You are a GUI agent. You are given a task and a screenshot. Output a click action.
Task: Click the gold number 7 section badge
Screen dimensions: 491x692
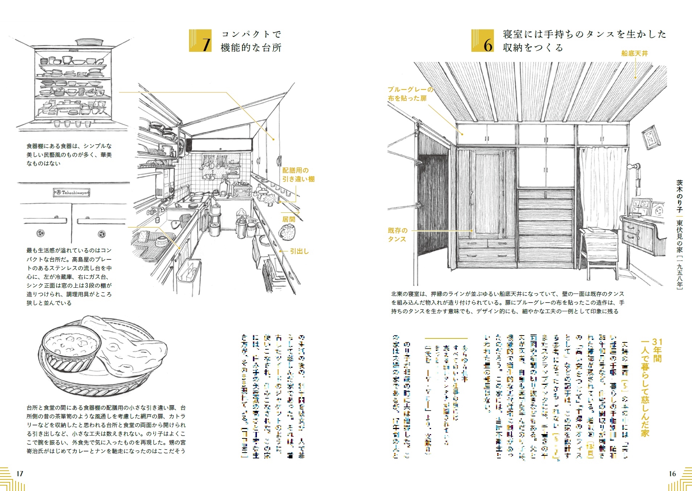[x=200, y=41]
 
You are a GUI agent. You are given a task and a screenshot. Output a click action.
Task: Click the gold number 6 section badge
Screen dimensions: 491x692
[x=483, y=41]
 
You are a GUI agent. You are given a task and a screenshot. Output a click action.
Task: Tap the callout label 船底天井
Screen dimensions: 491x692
[x=634, y=53]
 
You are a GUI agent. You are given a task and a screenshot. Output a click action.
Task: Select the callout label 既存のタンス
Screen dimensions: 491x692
[x=397, y=235]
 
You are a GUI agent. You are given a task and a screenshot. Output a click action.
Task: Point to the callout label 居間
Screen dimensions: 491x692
[x=288, y=219]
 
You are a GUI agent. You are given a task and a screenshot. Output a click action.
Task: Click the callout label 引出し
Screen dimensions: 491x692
[x=299, y=251]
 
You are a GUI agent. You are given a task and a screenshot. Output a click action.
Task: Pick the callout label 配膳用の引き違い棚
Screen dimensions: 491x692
[x=298, y=175]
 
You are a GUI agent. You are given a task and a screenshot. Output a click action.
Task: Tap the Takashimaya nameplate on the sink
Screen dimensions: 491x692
[x=71, y=193]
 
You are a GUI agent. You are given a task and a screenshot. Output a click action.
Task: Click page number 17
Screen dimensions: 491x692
[x=20, y=473]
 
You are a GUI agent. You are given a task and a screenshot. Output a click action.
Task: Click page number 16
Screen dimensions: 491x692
[x=672, y=473]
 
